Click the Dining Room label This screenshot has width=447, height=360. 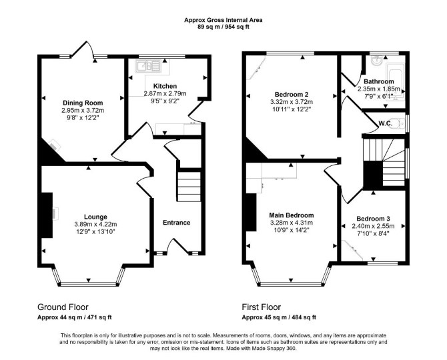pyautogui.click(x=83, y=103)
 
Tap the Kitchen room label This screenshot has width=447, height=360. pyautogui.click(x=165, y=86)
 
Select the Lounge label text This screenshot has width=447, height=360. pyautogui.click(x=95, y=217)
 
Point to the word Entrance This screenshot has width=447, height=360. pyautogui.click(x=176, y=223)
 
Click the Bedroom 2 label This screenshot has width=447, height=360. pyautogui.click(x=292, y=94)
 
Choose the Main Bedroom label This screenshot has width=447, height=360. pyautogui.click(x=292, y=215)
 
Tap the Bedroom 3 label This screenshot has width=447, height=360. pyautogui.click(x=373, y=219)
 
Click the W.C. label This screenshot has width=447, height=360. pyautogui.click(x=386, y=123)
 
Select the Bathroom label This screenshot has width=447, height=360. pyautogui.click(x=379, y=81)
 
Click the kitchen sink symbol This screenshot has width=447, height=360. pyautogui.click(x=149, y=67)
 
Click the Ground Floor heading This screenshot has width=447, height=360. pyautogui.click(x=63, y=307)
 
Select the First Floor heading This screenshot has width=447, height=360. pyautogui.click(x=262, y=307)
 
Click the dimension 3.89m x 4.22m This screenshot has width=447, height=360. pyautogui.click(x=95, y=225)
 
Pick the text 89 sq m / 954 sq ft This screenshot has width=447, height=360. pyautogui.click(x=223, y=27)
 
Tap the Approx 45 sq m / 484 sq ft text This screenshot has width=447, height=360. pyautogui.click(x=279, y=317)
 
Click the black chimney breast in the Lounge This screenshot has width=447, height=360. pyautogui.click(x=47, y=215)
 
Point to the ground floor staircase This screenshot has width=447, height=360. pyautogui.click(x=189, y=187)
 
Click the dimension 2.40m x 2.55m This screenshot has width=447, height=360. pyautogui.click(x=373, y=226)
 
